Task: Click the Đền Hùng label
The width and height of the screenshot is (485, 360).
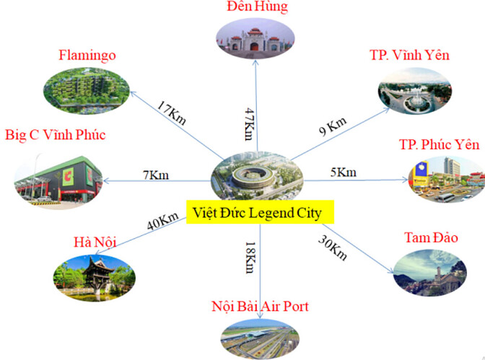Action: coord(255,8)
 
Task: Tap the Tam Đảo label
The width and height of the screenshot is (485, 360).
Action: coord(432,237)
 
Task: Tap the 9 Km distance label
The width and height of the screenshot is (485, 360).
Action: coord(333,128)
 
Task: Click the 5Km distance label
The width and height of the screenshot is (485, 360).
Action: coord(343,172)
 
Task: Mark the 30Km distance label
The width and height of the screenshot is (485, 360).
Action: coord(333,247)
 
